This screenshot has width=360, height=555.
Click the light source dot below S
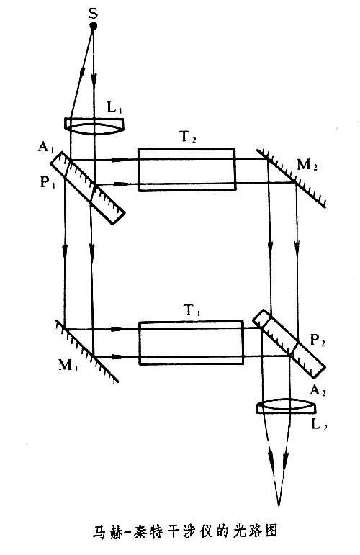[x=94, y=26]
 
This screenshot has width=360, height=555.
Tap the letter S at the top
[x=93, y=14]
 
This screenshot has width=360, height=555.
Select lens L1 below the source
[x=94, y=125]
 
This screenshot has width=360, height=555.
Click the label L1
[x=114, y=108]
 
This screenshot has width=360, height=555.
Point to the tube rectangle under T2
[x=187, y=169]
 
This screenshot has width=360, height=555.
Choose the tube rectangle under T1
[x=191, y=342]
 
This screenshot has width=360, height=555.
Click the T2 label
[x=189, y=137]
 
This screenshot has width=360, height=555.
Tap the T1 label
[x=192, y=311]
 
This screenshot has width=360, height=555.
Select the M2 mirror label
[x=307, y=166]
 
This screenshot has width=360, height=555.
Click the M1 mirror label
[x=68, y=365]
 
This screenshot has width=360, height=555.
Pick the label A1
[x=45, y=146]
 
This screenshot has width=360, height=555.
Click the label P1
[x=48, y=182]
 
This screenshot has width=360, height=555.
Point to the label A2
[x=318, y=390]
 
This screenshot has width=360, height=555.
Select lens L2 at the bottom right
[x=287, y=406]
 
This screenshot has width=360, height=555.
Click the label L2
[x=319, y=424]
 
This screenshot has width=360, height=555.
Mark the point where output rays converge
[x=279, y=505]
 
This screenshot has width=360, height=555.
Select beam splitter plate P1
[x=87, y=188]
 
